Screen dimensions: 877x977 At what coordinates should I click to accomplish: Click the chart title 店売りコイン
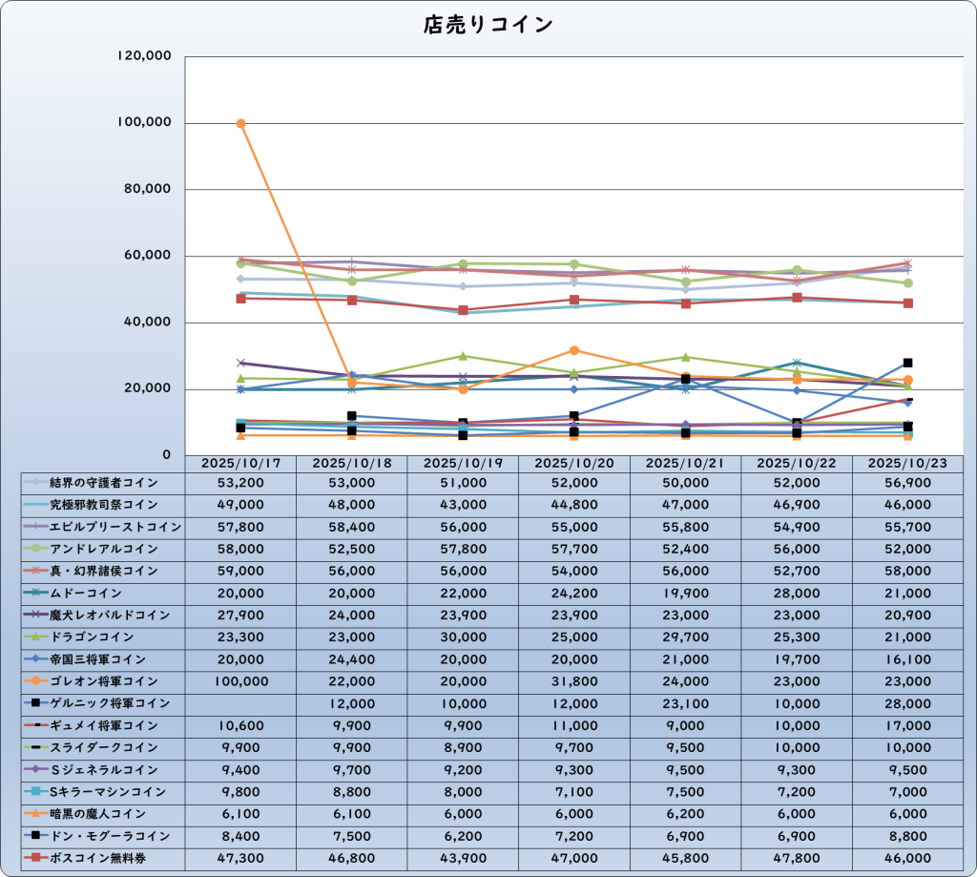[x=488, y=25]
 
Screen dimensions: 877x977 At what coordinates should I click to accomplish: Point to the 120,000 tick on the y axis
[x=143, y=56]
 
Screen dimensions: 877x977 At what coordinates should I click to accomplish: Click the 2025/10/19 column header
[x=463, y=462]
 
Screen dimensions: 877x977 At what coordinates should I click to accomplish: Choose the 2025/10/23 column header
[x=907, y=462]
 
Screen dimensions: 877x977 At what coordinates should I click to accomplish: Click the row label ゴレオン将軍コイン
[x=104, y=681]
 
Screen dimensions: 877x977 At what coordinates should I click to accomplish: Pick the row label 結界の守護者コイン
[x=104, y=483]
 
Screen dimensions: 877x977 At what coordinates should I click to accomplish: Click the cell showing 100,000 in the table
[x=240, y=681]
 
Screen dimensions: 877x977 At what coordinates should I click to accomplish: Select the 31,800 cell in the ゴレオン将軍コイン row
[x=573, y=681]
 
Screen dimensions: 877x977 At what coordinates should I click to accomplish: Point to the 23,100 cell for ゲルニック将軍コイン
[x=685, y=703]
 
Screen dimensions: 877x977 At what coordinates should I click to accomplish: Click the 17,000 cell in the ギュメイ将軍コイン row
[x=907, y=725]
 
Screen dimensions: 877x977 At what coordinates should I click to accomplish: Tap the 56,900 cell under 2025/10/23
[x=907, y=483]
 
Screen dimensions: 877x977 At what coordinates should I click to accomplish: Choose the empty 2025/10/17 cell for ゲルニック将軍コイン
[x=240, y=703]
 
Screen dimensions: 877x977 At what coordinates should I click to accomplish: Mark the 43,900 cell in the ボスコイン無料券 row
[x=463, y=858]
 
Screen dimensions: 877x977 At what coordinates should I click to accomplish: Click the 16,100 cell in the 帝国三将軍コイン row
[x=907, y=659]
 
